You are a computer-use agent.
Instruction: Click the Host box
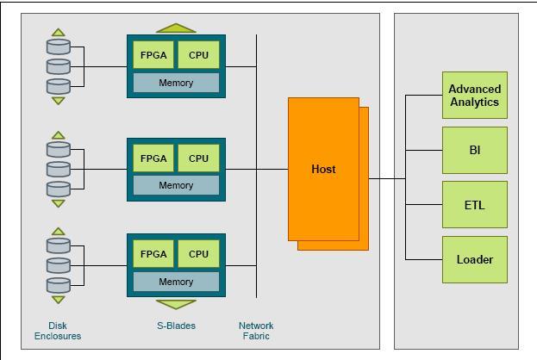click(x=323, y=169)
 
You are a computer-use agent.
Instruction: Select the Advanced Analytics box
click(x=474, y=96)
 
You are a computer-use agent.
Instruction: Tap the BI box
click(x=474, y=150)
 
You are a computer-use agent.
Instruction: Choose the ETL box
click(x=474, y=205)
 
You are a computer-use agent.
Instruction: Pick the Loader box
click(x=474, y=259)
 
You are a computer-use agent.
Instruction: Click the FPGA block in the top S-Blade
click(x=153, y=56)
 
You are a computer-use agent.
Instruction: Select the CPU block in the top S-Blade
click(x=198, y=56)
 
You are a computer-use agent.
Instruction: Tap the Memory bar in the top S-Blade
click(x=176, y=83)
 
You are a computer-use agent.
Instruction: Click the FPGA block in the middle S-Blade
click(x=153, y=158)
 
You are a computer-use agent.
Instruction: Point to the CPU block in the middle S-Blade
click(x=198, y=158)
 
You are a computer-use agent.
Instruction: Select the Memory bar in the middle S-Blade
click(x=176, y=185)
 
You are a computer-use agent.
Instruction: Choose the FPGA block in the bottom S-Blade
click(x=153, y=254)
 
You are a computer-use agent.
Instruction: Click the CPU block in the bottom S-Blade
click(x=198, y=254)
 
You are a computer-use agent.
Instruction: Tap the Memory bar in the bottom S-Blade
click(x=176, y=282)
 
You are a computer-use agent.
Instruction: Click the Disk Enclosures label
click(x=58, y=331)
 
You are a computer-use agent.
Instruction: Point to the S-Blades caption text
click(x=176, y=326)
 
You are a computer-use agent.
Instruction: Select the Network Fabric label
click(x=256, y=331)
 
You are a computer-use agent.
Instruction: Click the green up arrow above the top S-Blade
click(x=176, y=28)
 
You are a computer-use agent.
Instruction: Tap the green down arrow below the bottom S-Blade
click(x=176, y=303)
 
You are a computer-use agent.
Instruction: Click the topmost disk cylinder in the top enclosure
click(x=58, y=46)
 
